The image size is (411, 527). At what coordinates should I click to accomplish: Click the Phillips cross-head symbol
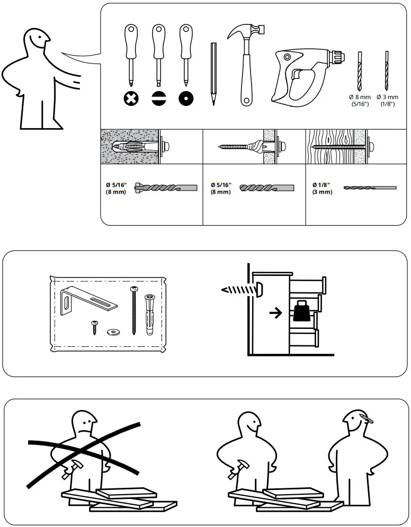[x=131, y=98]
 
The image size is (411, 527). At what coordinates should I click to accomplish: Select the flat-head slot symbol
[x=158, y=98]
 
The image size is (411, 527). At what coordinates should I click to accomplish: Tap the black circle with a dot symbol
[x=185, y=98]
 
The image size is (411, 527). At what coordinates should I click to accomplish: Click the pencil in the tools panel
[x=213, y=74]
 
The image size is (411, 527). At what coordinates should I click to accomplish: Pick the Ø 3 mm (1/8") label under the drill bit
[x=387, y=100]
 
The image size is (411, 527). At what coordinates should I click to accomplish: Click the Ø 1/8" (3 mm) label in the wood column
[x=322, y=188]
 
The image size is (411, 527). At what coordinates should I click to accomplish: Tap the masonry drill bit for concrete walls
[x=166, y=187]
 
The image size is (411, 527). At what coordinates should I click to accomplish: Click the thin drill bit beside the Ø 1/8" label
[x=370, y=187]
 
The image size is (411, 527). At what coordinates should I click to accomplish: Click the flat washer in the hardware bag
[x=112, y=332]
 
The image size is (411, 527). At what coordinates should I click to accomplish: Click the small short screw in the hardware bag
[x=94, y=326]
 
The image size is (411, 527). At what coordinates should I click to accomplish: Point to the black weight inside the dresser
[x=300, y=312]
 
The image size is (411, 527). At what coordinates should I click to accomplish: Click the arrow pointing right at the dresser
[x=275, y=313]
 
